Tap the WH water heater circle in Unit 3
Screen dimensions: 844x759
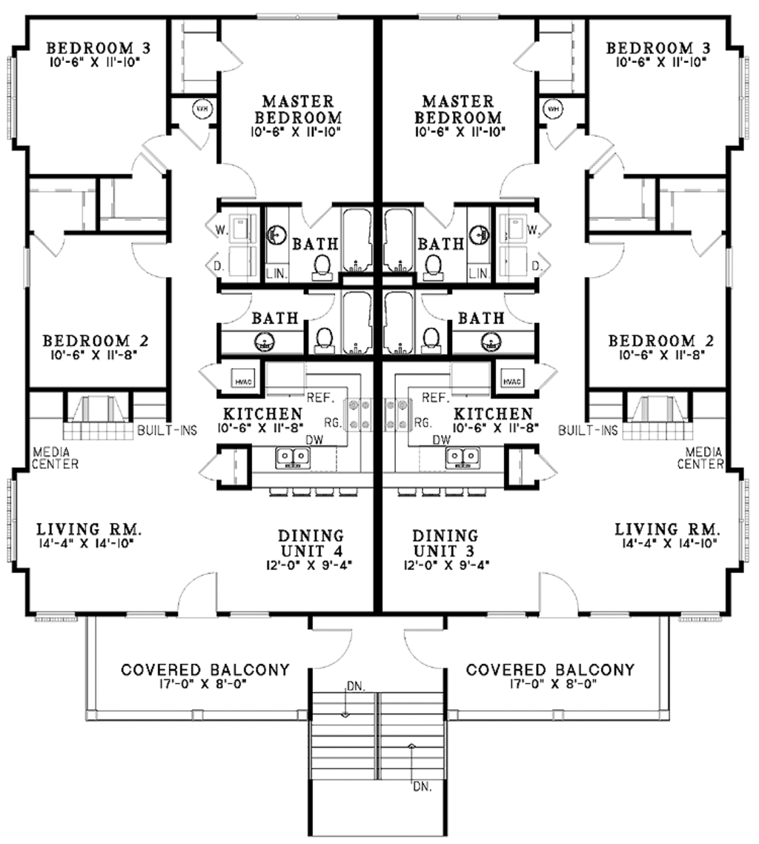pos(553,109)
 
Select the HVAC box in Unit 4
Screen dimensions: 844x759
pos(244,381)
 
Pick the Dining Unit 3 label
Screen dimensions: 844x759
pos(445,543)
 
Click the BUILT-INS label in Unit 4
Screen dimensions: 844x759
pos(167,430)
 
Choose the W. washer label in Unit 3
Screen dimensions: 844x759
pos(532,230)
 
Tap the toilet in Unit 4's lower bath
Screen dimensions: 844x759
pos(323,339)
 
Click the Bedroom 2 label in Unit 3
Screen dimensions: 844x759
pos(662,341)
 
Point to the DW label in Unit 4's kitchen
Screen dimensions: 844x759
pos(314,439)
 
